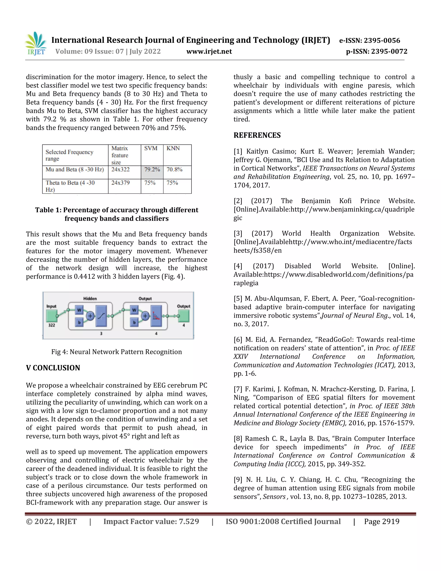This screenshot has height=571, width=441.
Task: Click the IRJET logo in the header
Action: (36, 44)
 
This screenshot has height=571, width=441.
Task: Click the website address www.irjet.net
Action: (209, 51)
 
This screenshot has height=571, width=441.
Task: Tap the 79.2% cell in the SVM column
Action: (152, 170)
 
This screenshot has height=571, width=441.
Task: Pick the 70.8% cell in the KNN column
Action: (174, 170)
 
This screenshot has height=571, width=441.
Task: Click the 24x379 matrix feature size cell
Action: (120, 183)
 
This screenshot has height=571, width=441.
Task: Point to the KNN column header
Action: (173, 148)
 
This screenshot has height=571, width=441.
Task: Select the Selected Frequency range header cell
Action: (70, 155)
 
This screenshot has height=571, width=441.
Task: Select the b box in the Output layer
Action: (134, 322)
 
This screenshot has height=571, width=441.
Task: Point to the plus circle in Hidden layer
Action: (90, 316)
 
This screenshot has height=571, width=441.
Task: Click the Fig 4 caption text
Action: (116, 352)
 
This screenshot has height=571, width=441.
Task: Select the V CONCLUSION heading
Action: (53, 368)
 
